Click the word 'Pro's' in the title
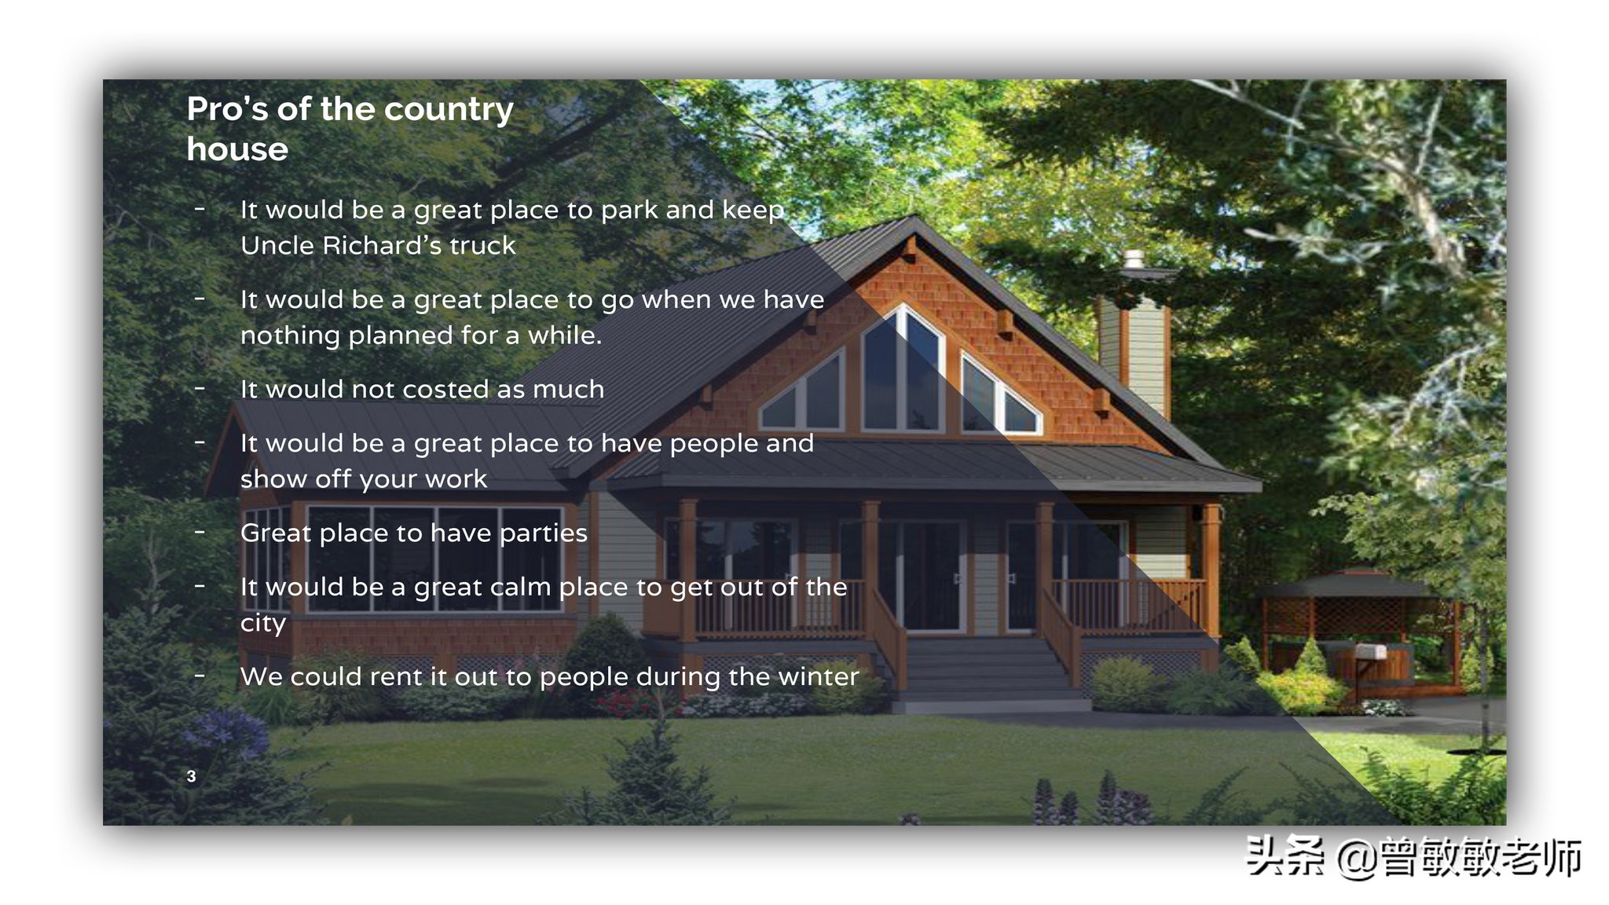[x=227, y=108]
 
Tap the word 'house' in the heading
[x=237, y=149]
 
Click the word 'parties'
[x=544, y=533]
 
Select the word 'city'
[x=263, y=624]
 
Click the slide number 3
[x=191, y=776]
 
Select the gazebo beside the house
[x=1355, y=628]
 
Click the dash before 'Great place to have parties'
[x=200, y=533]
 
